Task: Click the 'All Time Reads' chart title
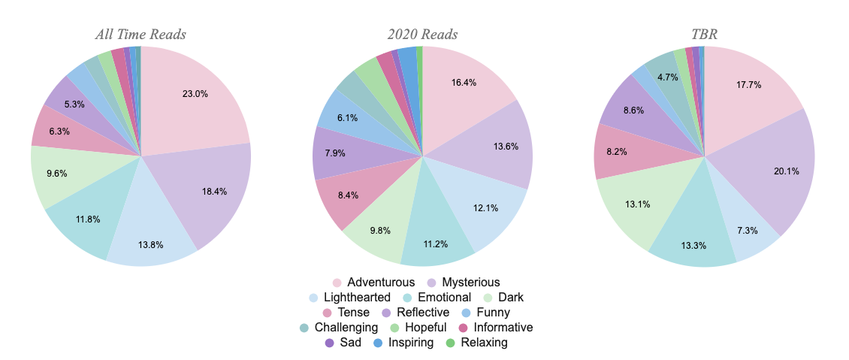point(140,35)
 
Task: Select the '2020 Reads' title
point(422,35)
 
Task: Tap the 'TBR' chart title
point(704,35)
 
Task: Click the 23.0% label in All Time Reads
point(195,94)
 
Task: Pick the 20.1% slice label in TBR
point(786,171)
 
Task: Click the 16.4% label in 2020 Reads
point(464,83)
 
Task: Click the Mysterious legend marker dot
point(431,283)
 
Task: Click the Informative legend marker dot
point(463,328)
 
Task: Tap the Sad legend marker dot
point(330,343)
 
